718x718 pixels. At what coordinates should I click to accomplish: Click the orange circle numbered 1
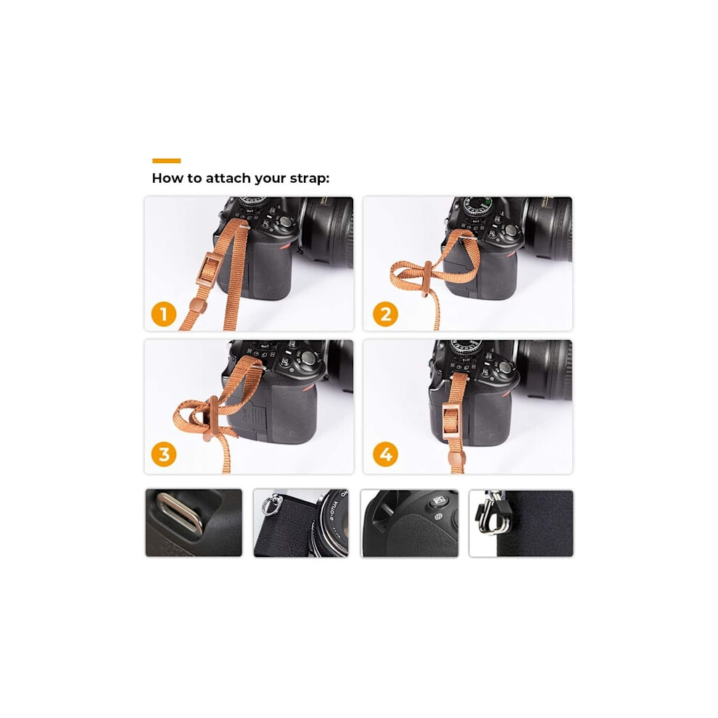point(163,314)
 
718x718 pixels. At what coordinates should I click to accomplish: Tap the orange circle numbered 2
point(385,314)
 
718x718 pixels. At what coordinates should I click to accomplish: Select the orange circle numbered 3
point(163,454)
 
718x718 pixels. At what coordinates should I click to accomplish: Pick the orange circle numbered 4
point(385,454)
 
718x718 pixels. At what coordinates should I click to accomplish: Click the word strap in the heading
point(309,178)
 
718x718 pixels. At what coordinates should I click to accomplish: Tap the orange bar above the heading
point(166,161)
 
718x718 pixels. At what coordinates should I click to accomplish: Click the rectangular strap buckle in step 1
point(209,271)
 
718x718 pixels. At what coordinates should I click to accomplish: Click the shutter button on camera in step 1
point(286,222)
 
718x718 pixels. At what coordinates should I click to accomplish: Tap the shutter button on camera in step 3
point(308,358)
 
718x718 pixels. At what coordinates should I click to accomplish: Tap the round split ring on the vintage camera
point(269,506)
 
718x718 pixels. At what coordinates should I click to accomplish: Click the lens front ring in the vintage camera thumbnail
point(334,521)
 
